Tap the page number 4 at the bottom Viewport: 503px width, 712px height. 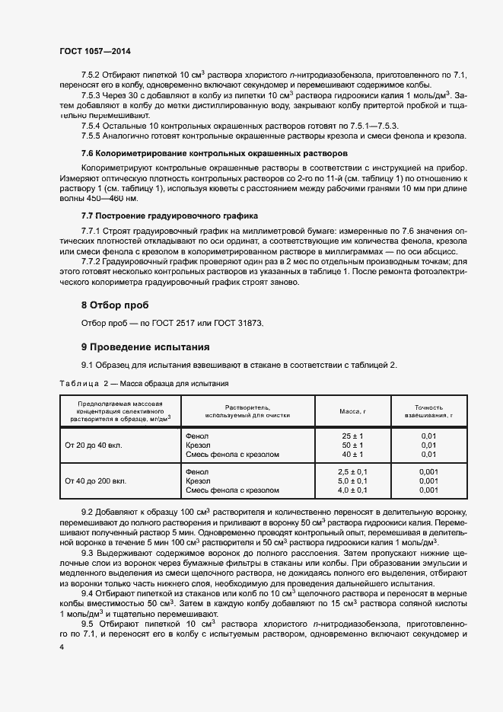(x=61, y=646)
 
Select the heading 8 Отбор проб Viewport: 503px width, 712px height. (x=115, y=305)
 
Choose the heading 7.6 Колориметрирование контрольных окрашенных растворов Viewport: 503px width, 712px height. (x=214, y=153)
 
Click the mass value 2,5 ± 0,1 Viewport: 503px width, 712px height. (x=352, y=472)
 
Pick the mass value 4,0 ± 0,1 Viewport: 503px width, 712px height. (x=352, y=490)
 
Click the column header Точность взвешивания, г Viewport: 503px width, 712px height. (x=428, y=412)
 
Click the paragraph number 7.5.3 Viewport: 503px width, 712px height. (x=92, y=94)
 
